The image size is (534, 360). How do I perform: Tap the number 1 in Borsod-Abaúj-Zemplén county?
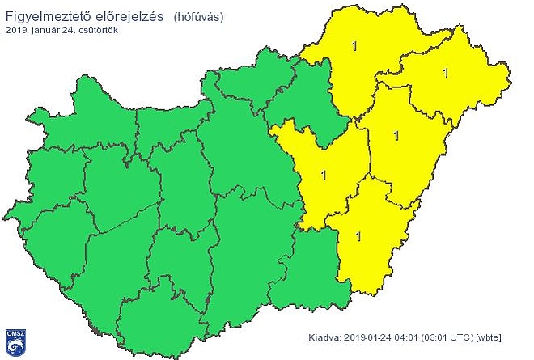tap(354, 47)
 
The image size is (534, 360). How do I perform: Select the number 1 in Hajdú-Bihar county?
tap(396, 135)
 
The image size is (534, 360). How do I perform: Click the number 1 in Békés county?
tap(358, 235)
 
